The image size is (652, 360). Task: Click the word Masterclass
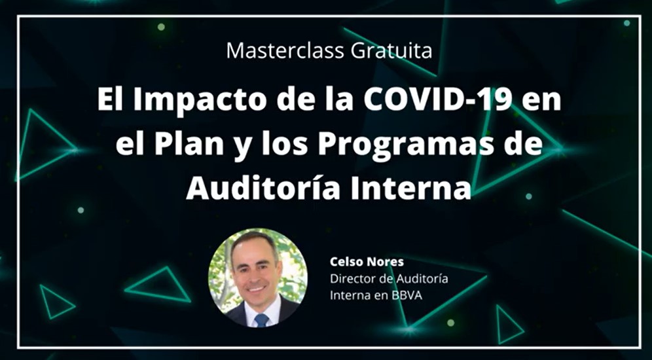coord(285,50)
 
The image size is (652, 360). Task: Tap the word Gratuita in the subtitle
coord(391,50)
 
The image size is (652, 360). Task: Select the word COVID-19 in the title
coord(438,100)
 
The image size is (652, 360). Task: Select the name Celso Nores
coord(367,261)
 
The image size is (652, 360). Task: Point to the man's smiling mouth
coord(257,288)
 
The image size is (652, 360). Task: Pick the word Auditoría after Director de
coord(422,279)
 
